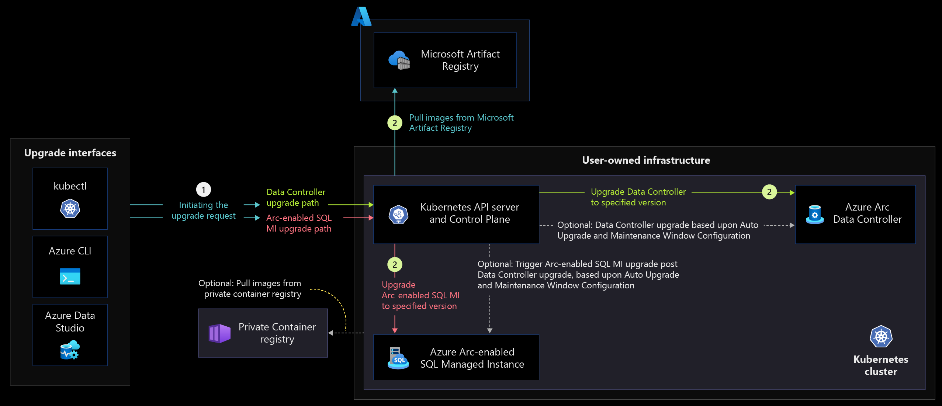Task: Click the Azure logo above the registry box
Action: [x=361, y=17]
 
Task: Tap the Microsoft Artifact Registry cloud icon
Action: [x=399, y=60]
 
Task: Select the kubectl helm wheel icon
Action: [x=70, y=208]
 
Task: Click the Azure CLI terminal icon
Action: [x=70, y=277]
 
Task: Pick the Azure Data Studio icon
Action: [x=70, y=350]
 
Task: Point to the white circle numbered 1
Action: [x=204, y=190]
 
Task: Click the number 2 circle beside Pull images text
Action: [x=395, y=123]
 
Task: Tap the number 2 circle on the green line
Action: [x=769, y=192]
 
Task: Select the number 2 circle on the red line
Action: [x=395, y=264]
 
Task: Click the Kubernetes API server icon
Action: [x=398, y=214]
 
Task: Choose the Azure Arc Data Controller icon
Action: [x=815, y=215]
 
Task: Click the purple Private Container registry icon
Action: [x=219, y=333]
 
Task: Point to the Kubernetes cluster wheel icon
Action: [x=881, y=336]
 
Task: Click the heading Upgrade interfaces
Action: [x=70, y=153]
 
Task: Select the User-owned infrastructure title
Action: [x=646, y=160]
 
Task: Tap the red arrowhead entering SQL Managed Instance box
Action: [x=395, y=330]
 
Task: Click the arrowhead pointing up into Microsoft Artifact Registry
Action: [x=395, y=90]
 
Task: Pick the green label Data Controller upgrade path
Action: [x=296, y=197]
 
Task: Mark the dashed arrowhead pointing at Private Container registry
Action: [x=330, y=333]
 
